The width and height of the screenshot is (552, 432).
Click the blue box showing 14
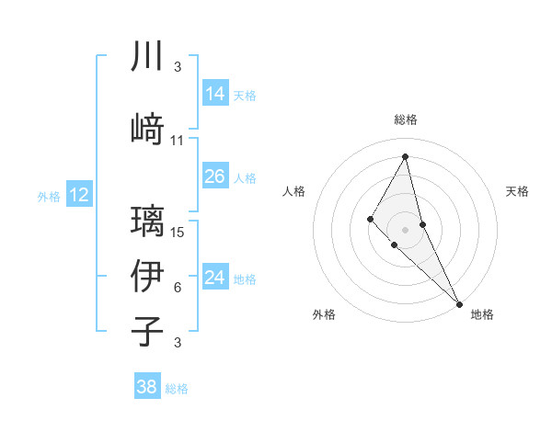215,94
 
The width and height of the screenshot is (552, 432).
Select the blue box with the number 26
215,176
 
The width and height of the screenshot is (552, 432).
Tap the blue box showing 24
215,278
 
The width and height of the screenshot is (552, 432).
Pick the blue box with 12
79,195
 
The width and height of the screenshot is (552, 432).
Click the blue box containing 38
147,388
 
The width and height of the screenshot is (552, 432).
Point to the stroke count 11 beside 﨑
178,141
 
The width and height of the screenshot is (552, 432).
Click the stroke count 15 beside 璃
178,232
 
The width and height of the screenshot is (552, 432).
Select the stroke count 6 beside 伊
178,288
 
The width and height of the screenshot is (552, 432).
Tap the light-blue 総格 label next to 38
177,389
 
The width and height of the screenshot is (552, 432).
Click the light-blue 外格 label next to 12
49,196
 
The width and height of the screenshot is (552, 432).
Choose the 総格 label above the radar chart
406,119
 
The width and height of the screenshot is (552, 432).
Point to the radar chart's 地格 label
482,314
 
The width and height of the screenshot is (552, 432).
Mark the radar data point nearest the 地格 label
459,302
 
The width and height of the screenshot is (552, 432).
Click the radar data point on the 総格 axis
406,156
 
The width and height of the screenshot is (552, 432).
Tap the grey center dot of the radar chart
406,229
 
